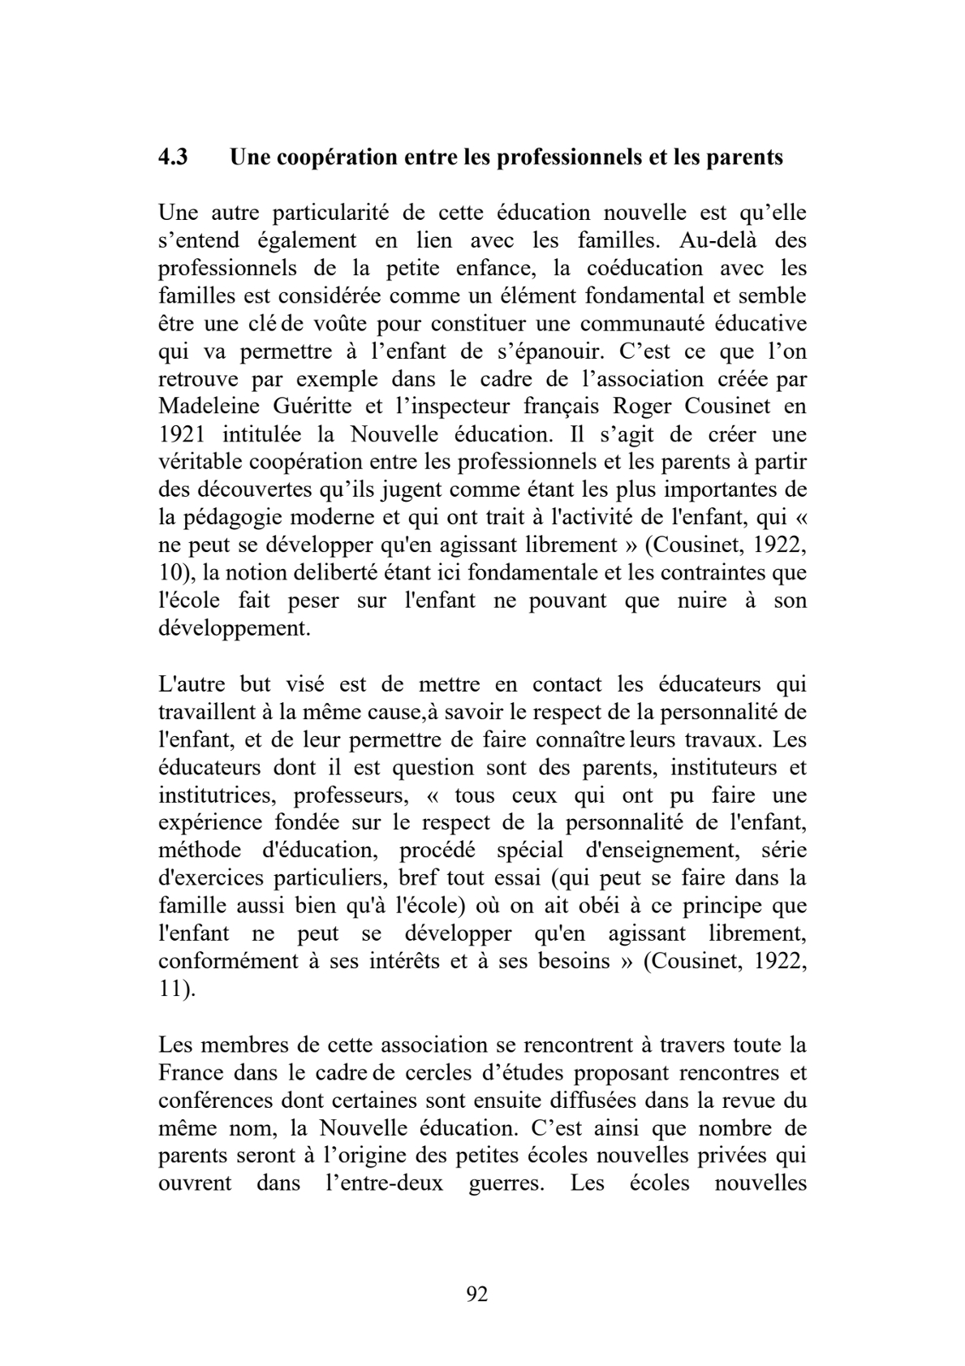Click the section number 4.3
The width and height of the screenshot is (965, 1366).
tap(173, 157)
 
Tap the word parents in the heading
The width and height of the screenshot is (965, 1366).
tap(744, 157)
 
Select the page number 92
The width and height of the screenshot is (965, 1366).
tap(477, 1294)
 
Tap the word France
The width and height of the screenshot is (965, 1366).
tap(191, 1072)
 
